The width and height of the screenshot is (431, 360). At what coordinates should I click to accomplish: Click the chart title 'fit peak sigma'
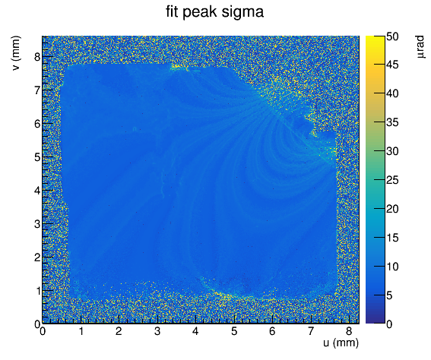click(x=214, y=12)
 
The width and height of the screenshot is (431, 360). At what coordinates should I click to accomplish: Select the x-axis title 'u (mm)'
click(x=341, y=343)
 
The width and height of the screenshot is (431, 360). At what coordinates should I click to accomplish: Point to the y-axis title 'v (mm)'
click(x=16, y=53)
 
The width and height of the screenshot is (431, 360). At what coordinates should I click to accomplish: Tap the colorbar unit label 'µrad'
click(x=420, y=46)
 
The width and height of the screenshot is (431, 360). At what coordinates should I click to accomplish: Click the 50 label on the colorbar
click(x=392, y=36)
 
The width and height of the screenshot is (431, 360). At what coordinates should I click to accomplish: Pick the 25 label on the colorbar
click(x=392, y=180)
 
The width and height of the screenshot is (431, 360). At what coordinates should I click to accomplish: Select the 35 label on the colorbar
click(x=392, y=122)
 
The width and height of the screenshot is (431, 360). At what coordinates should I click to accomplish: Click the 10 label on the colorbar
click(x=392, y=267)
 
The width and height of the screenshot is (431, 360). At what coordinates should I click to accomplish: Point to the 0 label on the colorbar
click(x=389, y=324)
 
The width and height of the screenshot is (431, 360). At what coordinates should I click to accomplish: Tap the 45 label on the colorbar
click(x=392, y=65)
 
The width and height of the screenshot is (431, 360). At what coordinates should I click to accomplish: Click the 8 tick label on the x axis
click(x=349, y=331)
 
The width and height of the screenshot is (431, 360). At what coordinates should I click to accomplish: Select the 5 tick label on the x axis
click(x=234, y=331)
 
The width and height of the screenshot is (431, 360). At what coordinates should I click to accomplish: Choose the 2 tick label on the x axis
click(x=119, y=331)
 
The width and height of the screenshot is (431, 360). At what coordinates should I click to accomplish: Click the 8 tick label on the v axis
click(x=37, y=57)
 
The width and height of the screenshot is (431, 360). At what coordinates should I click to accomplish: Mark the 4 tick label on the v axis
click(x=37, y=191)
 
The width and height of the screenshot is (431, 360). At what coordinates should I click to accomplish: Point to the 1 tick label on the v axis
click(x=37, y=291)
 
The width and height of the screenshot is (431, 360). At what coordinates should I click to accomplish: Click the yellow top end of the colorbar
click(x=375, y=37)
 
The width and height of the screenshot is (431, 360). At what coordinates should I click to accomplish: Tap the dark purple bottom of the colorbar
click(x=375, y=322)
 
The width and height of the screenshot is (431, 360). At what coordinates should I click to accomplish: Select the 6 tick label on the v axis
click(x=37, y=124)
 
